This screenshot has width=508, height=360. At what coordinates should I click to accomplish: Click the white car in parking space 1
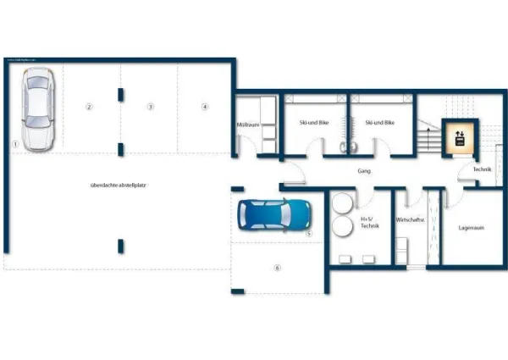37,110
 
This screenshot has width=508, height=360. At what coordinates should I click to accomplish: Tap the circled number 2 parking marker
89,107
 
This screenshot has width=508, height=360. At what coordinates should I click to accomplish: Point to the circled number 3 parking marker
150,107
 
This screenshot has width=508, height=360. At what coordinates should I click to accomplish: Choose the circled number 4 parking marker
204,107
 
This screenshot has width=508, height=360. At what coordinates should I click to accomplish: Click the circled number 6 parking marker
276,268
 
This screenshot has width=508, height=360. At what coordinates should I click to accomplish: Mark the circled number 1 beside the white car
15,144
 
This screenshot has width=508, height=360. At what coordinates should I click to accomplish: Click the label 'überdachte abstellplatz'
119,185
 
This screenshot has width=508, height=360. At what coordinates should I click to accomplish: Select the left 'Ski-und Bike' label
312,123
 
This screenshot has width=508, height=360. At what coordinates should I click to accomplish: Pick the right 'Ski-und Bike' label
380,123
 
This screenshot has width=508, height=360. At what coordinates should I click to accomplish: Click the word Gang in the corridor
366,171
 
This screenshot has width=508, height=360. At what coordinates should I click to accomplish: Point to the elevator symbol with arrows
460,137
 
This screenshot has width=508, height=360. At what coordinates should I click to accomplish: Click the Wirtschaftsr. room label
410,219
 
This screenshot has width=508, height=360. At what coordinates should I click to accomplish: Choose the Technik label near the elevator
482,170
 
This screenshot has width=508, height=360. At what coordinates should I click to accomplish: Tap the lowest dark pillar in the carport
121,246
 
